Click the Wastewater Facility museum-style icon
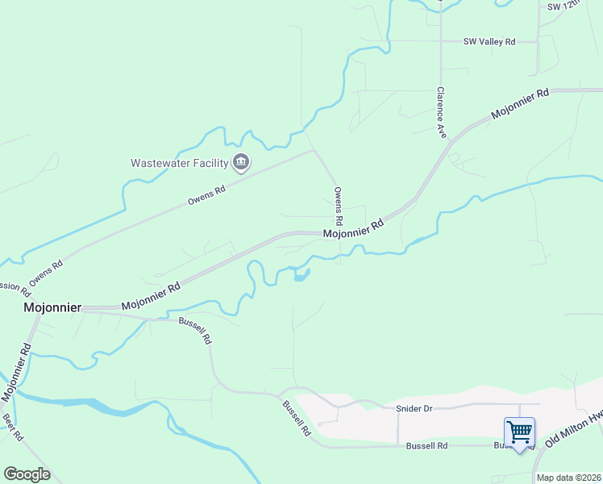pyautogui.click(x=241, y=163)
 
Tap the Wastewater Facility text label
pyautogui.click(x=180, y=163)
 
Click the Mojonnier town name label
pyautogui.click(x=52, y=308)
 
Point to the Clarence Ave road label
pyautogui.click(x=441, y=112)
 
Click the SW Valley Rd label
pyautogui.click(x=489, y=41)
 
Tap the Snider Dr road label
pyautogui.click(x=414, y=408)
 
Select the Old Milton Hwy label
pyautogui.click(x=574, y=429)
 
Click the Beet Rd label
pyautogui.click(x=12, y=427)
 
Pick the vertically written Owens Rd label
pyautogui.click(x=339, y=207)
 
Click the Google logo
pyautogui.click(x=27, y=474)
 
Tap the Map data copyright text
pyautogui.click(x=568, y=478)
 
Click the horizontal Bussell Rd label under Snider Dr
pyautogui.click(x=426, y=445)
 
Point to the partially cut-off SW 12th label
pyautogui.click(x=563, y=6)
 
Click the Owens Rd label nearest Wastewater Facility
pyautogui.click(x=206, y=194)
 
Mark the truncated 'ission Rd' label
pyautogui.click(x=15, y=288)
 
